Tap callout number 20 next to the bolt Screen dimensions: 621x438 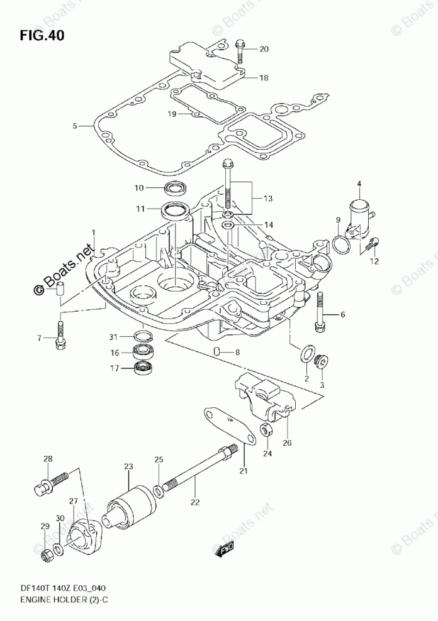pos(264,48)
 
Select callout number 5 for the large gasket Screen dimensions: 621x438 pos(74,126)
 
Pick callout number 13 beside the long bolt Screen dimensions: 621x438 pos(268,199)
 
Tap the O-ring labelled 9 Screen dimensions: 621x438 pos(340,244)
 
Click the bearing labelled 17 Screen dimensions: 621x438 pos(145,368)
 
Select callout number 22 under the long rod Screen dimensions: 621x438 pos(195,502)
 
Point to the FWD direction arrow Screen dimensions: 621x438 pos(225,551)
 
